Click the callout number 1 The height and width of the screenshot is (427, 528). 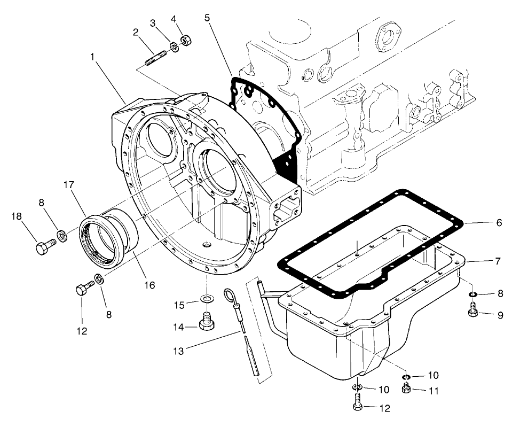(94, 56)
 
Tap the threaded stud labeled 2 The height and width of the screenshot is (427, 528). (155, 56)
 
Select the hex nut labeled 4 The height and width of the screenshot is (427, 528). (186, 41)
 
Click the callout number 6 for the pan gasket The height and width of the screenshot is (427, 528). (499, 222)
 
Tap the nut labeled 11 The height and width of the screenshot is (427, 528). (405, 390)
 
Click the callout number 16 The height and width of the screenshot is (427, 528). (149, 285)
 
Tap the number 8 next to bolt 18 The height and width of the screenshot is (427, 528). (42, 203)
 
